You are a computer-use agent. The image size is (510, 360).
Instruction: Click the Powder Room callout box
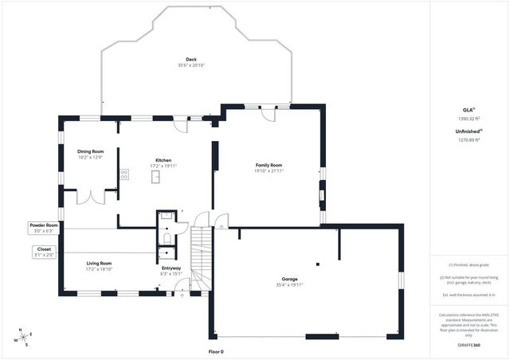(44, 228)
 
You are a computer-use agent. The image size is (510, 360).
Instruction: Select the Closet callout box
(44, 252)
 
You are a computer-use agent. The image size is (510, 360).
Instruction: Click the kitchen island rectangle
(157, 177)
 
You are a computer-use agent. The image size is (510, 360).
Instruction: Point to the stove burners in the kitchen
(124, 174)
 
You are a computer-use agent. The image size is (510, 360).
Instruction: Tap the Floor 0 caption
(216, 351)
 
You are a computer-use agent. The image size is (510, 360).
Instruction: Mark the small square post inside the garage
(316, 264)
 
